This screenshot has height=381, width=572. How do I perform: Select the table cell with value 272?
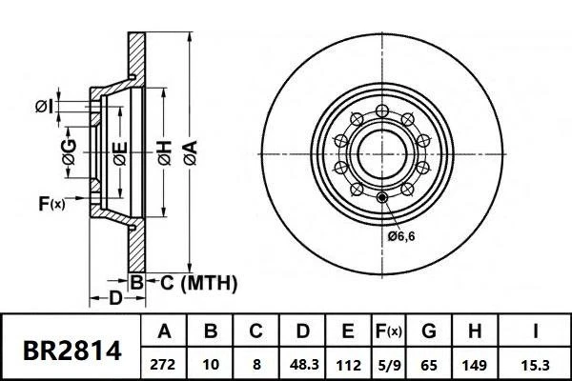tap(164, 364)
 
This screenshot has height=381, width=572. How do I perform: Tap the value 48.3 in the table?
tap(302, 364)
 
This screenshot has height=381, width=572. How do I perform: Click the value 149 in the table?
tap(476, 364)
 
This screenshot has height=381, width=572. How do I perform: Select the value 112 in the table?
tap(347, 364)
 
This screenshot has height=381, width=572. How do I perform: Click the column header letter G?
tap(429, 332)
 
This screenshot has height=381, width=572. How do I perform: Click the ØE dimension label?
tap(118, 150)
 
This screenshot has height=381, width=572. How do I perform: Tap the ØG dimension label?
tap(70, 150)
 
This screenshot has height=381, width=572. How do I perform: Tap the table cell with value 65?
tap(429, 364)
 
